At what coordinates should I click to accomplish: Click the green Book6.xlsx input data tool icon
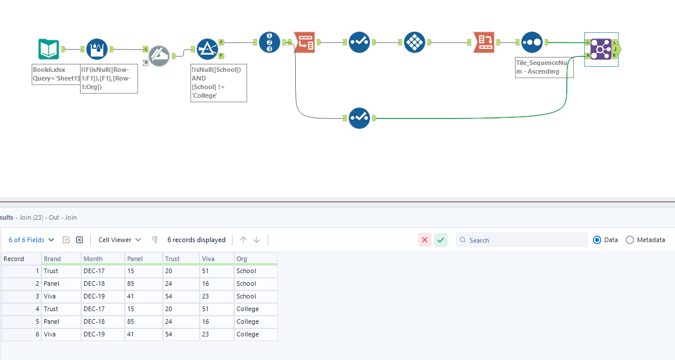(x=49, y=49)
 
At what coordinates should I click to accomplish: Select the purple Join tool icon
(x=601, y=49)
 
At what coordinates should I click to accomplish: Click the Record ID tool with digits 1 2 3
(x=269, y=42)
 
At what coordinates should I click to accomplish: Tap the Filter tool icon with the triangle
(x=207, y=49)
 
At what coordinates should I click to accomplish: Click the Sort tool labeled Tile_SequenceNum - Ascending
(x=532, y=42)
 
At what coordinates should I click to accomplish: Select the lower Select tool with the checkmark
(x=359, y=118)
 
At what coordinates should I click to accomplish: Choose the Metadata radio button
(x=630, y=240)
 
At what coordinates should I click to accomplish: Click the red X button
(x=425, y=240)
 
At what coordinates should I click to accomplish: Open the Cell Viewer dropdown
(x=119, y=240)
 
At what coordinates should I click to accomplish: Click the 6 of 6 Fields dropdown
(x=31, y=240)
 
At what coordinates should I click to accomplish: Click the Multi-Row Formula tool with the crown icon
(x=97, y=49)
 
